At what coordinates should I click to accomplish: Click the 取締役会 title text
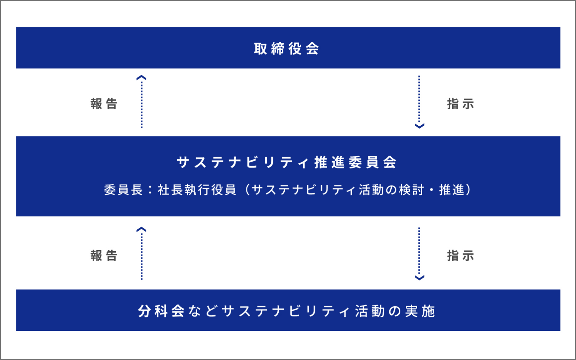[x=287, y=49]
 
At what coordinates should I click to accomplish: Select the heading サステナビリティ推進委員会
[x=287, y=162]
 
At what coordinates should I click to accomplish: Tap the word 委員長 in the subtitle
[x=123, y=190]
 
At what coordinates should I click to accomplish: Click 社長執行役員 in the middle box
[x=197, y=190]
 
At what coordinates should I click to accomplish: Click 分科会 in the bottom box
[x=162, y=311]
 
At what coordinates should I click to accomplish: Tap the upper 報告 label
[x=104, y=104]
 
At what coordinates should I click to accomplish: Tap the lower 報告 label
[x=104, y=256]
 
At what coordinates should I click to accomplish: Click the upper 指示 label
[x=460, y=104]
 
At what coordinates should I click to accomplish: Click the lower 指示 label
[x=460, y=256]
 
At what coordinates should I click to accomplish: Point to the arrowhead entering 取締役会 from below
[x=141, y=77]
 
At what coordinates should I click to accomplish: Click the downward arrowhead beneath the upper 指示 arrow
[x=419, y=126]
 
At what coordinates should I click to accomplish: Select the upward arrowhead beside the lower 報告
[x=141, y=229]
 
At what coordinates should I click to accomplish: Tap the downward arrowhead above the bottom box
[x=419, y=277]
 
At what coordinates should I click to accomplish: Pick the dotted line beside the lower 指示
[x=419, y=251]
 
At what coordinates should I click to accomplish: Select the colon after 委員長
[x=150, y=190]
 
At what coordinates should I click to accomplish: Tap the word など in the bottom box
[x=203, y=311]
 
